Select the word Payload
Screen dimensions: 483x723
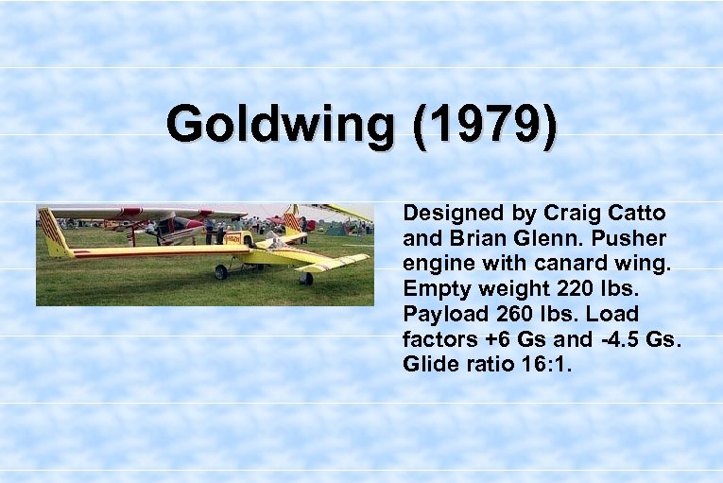pos(439,313)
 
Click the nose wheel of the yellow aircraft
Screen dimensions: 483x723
pos(305,278)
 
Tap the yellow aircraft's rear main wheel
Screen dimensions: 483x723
pos(221,272)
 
